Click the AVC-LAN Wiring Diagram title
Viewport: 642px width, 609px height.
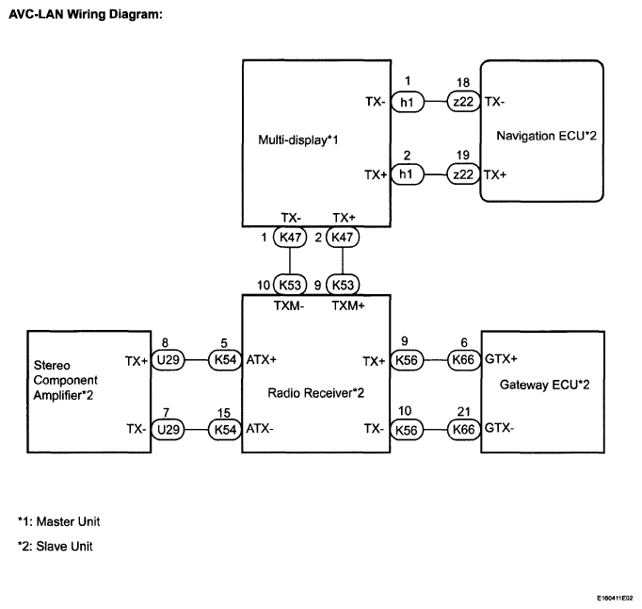(x=86, y=14)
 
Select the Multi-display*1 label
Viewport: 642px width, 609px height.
(x=298, y=140)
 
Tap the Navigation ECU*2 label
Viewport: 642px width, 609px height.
(x=546, y=136)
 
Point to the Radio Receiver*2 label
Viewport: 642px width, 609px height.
(x=315, y=393)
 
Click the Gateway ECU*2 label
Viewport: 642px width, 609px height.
(x=544, y=385)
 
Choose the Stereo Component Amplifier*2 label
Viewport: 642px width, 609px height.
(x=66, y=380)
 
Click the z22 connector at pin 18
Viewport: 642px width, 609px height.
(x=463, y=101)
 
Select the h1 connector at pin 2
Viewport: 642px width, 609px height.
(x=407, y=174)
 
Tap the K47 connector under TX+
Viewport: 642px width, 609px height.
(x=343, y=237)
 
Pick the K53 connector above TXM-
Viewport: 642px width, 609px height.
(x=290, y=285)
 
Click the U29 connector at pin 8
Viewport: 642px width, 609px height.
(x=168, y=360)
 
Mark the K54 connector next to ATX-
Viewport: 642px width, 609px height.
(x=225, y=430)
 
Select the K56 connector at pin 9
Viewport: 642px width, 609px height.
(x=407, y=360)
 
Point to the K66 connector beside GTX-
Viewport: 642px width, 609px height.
(x=463, y=430)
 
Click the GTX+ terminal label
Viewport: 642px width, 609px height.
(x=501, y=359)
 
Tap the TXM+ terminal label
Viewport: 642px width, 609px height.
(x=348, y=306)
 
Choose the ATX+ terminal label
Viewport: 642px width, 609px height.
(x=261, y=360)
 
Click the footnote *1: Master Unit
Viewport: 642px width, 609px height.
(x=59, y=521)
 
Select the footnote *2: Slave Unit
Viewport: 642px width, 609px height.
(x=56, y=546)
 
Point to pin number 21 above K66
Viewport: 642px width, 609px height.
(x=463, y=411)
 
